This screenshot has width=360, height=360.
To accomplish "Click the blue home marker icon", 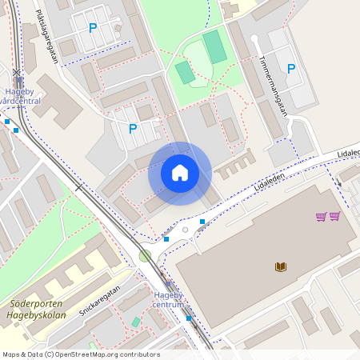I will pyautogui.click(x=180, y=173).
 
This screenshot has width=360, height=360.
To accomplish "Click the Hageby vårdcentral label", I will pyautogui.click(x=22, y=96).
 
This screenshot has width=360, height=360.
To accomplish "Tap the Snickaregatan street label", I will pyautogui.click(x=100, y=300).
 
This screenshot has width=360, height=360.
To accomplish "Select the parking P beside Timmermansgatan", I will pyautogui.click(x=291, y=69).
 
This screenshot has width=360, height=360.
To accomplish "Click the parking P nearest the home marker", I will pyautogui.click(x=133, y=128).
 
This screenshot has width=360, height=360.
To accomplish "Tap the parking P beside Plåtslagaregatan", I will pyautogui.click(x=93, y=28).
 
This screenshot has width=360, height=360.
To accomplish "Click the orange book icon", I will pyautogui.click(x=280, y=266).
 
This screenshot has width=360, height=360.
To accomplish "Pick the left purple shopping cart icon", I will pyautogui.click(x=321, y=216).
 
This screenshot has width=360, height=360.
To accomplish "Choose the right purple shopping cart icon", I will pyautogui.click(x=335, y=216).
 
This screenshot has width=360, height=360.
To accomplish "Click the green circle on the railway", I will pyautogui.click(x=145, y=256).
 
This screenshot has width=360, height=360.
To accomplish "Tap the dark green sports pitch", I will pyautogui.click(x=214, y=47).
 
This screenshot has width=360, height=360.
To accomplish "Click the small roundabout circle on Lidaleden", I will pyautogui.click(x=186, y=230).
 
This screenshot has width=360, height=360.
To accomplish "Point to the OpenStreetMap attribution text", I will pyautogui.click(x=81, y=354).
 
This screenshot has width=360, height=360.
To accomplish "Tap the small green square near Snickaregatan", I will pyautogui.click(x=136, y=322).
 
